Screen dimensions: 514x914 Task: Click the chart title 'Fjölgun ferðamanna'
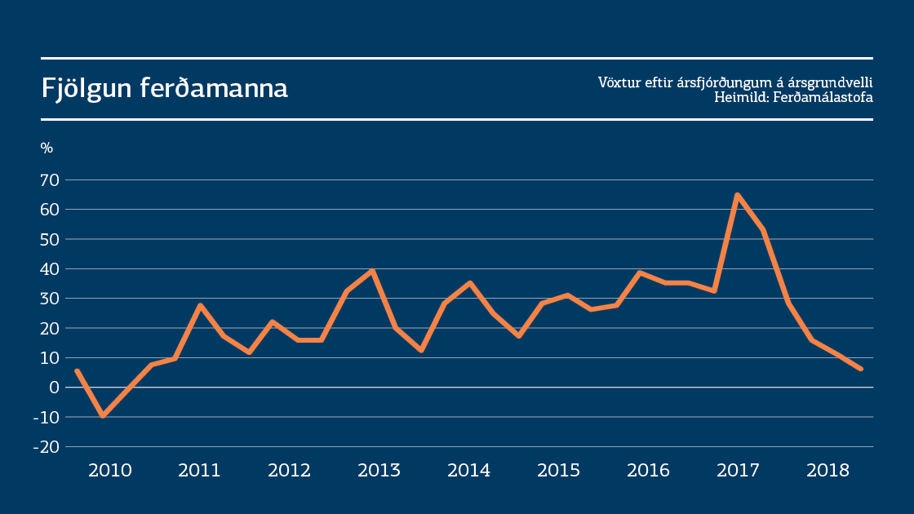[165, 89]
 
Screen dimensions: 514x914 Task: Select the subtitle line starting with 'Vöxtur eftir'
[735, 82]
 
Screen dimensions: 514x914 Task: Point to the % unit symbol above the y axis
[47, 148]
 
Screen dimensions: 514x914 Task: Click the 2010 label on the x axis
[109, 471]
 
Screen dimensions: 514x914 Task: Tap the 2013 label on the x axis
[379, 471]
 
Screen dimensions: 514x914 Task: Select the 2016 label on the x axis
[648, 471]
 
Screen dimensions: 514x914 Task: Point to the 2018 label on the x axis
[827, 471]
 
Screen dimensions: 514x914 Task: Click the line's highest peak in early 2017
[737, 195]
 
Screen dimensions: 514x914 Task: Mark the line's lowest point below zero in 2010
[103, 415]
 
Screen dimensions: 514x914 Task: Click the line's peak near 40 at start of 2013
[372, 270]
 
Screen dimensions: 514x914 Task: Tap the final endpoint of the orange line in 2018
[860, 369]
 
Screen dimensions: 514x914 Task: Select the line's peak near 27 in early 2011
[200, 306]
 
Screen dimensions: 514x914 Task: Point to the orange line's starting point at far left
[76, 371]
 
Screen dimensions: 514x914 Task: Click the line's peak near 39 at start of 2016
[641, 273]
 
